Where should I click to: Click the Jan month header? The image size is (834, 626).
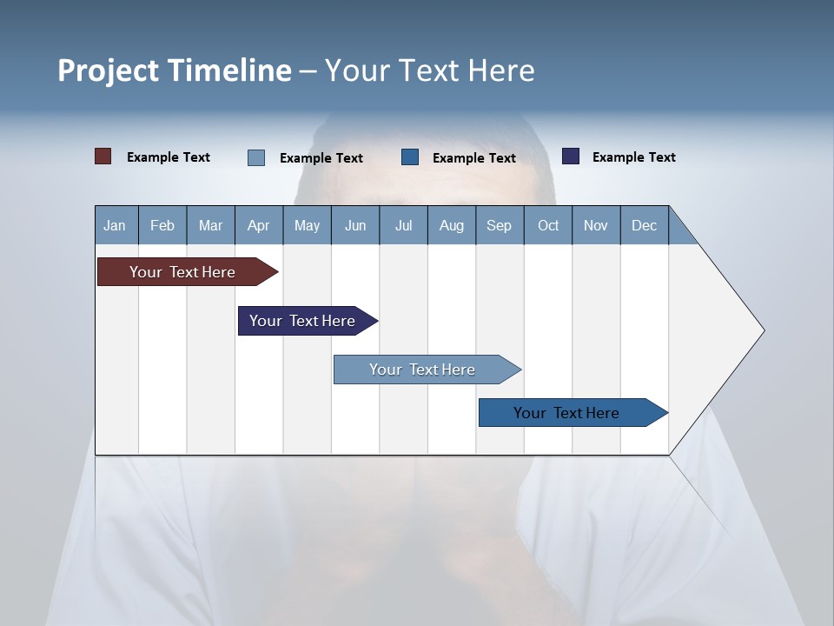pos(116,225)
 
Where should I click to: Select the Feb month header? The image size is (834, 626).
pos(162,225)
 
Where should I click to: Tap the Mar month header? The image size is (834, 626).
pos(210,225)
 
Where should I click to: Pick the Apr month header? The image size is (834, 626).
pos(259,225)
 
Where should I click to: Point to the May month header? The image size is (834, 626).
pos(307,225)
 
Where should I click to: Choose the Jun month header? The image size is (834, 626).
pos(355,225)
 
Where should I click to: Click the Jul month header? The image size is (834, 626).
pos(403,225)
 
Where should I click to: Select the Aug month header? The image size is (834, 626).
pos(452,225)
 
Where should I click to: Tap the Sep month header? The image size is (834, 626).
pos(500,225)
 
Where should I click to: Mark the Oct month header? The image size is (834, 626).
pos(548,225)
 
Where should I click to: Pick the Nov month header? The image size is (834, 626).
pos(596,225)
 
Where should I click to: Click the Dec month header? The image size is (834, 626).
pos(645,225)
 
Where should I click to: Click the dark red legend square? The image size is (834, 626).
pos(103,156)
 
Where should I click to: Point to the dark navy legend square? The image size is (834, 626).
pos(571,156)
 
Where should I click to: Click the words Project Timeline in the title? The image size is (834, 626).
pos(175,70)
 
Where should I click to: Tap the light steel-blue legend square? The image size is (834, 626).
pos(256,157)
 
